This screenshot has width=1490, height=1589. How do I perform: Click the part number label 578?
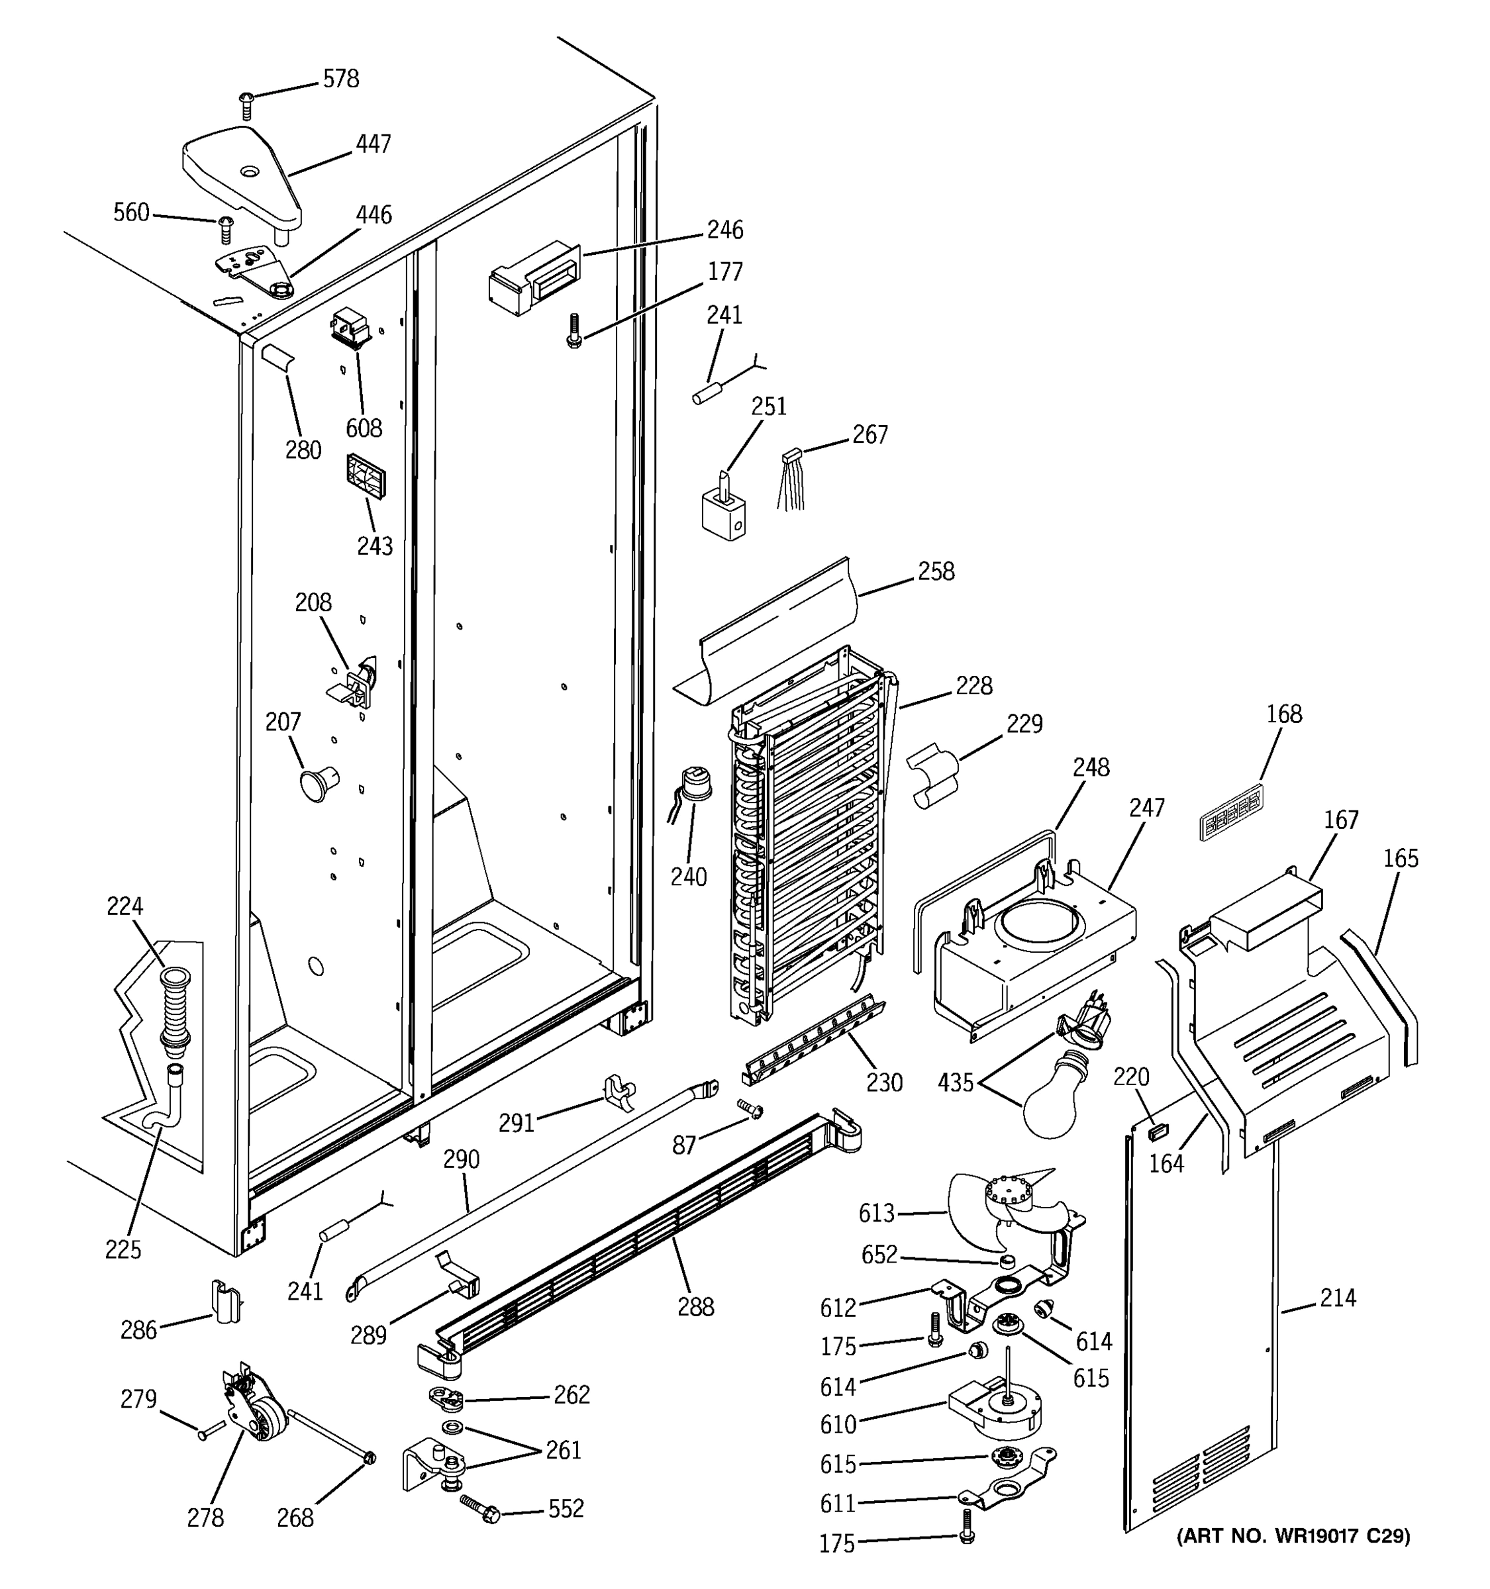coord(340,79)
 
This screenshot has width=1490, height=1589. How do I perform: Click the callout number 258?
coord(936,571)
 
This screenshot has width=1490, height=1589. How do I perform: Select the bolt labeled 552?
coord(481,1509)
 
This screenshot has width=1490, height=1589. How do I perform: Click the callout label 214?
coord(1338,1298)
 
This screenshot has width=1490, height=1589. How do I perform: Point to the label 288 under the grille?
coord(695,1308)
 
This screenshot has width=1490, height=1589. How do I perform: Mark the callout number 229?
coord(1024,724)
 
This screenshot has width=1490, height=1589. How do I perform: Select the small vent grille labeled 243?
coord(366,477)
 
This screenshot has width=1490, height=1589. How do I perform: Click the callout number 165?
coord(1401,859)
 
